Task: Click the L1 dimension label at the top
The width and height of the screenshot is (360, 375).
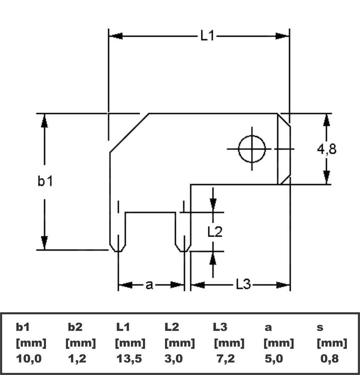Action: pyautogui.click(x=207, y=36)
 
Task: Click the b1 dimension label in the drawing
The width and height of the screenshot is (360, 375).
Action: pyautogui.click(x=45, y=181)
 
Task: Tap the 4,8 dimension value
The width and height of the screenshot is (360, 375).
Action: pyautogui.click(x=327, y=149)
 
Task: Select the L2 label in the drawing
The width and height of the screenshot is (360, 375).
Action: pyautogui.click(x=215, y=231)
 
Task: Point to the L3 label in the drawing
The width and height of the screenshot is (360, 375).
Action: pyautogui.click(x=243, y=285)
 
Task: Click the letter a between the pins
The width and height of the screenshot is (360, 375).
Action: pyautogui.click(x=149, y=285)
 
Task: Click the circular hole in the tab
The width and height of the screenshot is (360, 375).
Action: pyautogui.click(x=252, y=149)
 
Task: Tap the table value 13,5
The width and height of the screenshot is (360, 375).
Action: pyautogui.click(x=129, y=359)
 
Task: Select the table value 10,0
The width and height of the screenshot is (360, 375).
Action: pyautogui.click(x=29, y=359)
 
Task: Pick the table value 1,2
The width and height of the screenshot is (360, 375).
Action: pyautogui.click(x=77, y=359)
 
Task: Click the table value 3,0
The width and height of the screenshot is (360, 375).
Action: pyautogui.click(x=173, y=359)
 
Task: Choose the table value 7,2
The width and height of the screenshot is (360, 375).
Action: pyautogui.click(x=226, y=359)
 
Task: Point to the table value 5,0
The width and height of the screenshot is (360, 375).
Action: pyautogui.click(x=274, y=359)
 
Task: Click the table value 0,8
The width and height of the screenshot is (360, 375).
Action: pyautogui.click(x=329, y=359)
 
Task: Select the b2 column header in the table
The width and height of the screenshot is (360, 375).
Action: pyautogui.click(x=75, y=327)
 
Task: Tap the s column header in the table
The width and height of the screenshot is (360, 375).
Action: pyautogui.click(x=320, y=327)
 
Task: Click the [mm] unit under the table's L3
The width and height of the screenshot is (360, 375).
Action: pyautogui.click(x=229, y=343)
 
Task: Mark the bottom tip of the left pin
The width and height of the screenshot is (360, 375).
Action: pyautogui.click(x=118, y=251)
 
